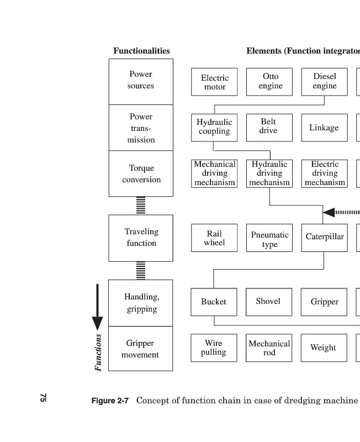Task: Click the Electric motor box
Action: coord(214,82)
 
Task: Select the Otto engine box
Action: coord(269,81)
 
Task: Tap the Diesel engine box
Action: coord(324,81)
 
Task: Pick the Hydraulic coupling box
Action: coord(214,127)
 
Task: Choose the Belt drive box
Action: coord(269,127)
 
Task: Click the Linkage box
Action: coord(324,128)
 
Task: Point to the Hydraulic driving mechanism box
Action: coord(269,173)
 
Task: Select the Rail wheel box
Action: coord(214,238)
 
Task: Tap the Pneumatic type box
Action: coord(269,238)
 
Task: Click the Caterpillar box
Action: coord(324,238)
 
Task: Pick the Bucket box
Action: coord(214,302)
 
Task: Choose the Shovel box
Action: coord(268,302)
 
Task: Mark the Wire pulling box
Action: coord(214,348)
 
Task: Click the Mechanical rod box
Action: coord(269,348)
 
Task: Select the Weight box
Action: coord(324,348)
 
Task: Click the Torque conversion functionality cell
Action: coord(141,173)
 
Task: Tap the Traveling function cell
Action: coord(141,238)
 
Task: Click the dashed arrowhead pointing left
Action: coord(329,212)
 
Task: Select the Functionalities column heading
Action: coord(141,51)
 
